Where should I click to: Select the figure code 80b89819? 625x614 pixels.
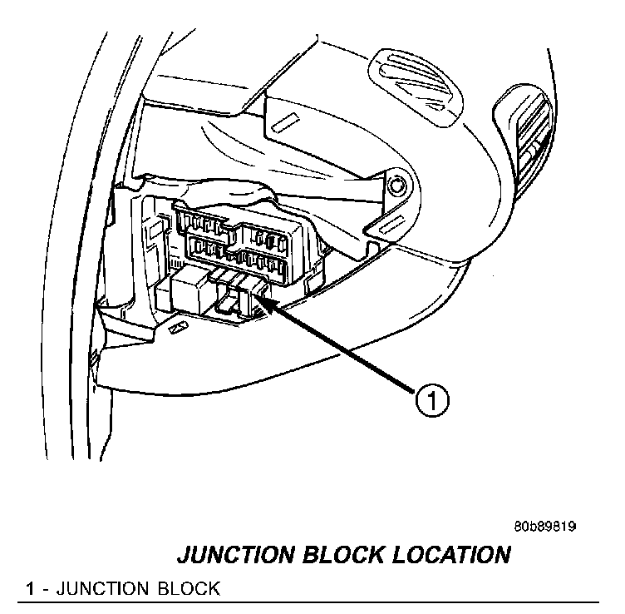tap(545, 527)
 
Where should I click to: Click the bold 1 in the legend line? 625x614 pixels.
tap(30, 589)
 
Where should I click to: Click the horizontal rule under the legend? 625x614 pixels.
tap(308, 602)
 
